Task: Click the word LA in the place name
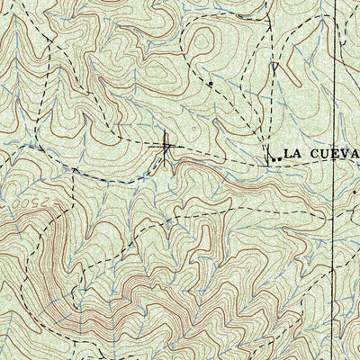point(291,154)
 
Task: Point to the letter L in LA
point(286,154)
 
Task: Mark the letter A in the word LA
point(296,154)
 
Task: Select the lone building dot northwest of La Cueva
point(211,84)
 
